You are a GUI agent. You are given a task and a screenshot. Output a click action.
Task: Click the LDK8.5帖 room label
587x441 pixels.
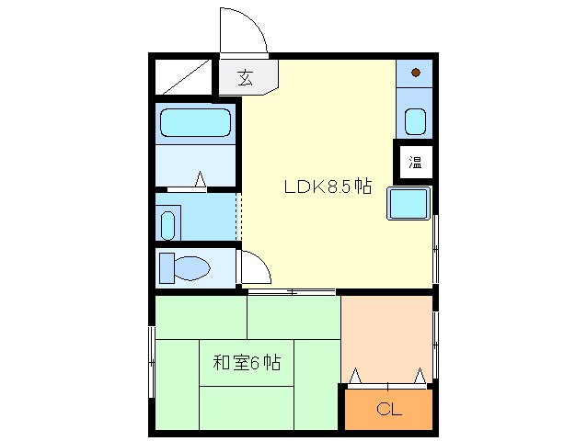pos(327,186)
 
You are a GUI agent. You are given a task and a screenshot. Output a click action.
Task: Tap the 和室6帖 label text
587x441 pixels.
pos(247,363)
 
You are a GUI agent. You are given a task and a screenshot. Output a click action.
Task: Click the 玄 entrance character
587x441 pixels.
pos(245,77)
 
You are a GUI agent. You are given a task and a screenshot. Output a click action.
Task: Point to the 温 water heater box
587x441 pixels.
pos(415,164)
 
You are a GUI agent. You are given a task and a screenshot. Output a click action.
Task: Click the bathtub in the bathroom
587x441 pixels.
pos(195,122)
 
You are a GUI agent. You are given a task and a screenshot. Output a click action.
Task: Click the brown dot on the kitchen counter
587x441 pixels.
pos(416,73)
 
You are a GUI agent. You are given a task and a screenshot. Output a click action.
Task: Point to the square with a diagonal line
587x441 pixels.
pos(184,76)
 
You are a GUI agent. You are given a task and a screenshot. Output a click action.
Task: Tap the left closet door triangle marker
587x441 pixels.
pos(355,376)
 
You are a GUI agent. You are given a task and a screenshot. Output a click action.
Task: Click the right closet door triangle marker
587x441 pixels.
pos(420,376)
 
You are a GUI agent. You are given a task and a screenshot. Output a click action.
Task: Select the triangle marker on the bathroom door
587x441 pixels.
pos(199,180)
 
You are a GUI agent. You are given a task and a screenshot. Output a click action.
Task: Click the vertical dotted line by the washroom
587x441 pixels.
pos(238,218)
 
